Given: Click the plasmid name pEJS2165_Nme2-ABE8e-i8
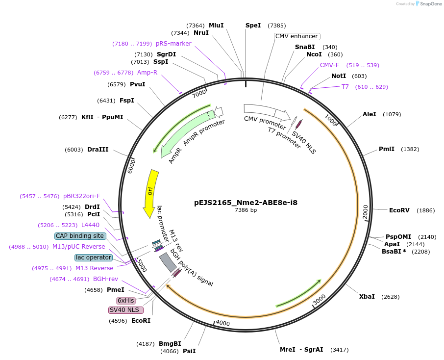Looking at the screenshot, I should coord(246,202).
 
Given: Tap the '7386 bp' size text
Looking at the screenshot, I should coord(246,210).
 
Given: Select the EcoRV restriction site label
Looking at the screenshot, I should coord(399,210).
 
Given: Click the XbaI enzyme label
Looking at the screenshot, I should coord(367,297).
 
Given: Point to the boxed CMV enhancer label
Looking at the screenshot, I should coord(297,36).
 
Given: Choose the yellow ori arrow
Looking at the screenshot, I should coord(150,193).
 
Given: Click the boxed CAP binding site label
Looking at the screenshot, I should coord(80,236).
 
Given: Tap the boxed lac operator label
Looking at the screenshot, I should coord(94,257).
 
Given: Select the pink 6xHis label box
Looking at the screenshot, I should coord(125,300).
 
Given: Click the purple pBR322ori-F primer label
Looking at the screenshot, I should coord(81,196).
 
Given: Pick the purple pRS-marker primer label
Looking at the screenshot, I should coord(173,44).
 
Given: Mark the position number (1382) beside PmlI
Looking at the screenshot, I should coord(411,149).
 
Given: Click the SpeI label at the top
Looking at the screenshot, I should coord(253,26).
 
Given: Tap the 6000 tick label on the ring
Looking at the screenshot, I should coord(131,166).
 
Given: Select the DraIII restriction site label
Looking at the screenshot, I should coord(98,150).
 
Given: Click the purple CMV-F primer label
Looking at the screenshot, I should coord(329,65).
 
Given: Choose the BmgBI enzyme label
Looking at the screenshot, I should coord(170,344).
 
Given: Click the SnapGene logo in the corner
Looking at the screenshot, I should coord(427,4).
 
